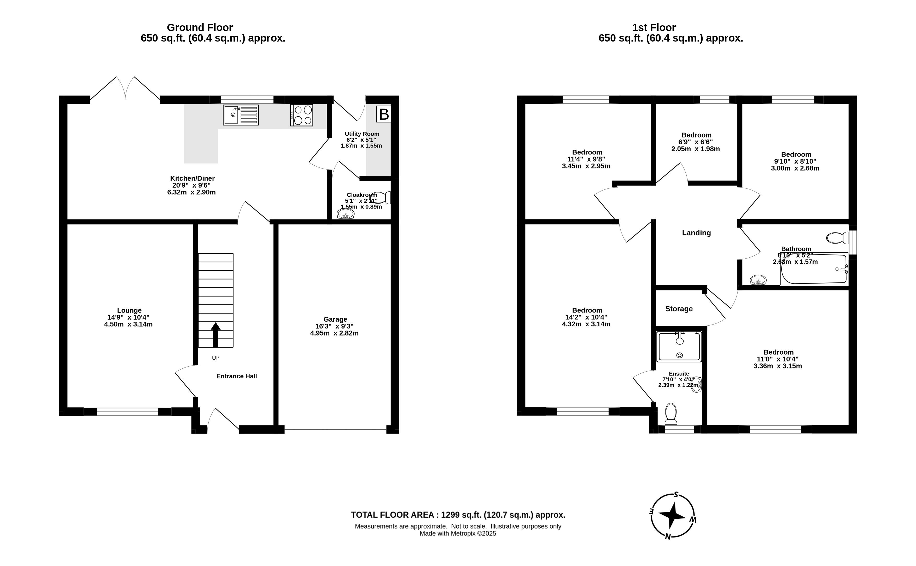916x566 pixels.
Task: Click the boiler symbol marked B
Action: (383, 114)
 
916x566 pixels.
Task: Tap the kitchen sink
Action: (241, 115)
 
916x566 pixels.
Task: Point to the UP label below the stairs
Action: (215, 358)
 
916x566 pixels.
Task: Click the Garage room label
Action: (335, 319)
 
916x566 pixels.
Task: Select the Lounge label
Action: (129, 310)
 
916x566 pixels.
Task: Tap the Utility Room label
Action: (362, 134)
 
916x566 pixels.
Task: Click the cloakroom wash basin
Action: (345, 214)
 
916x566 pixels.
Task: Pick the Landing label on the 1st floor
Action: (696, 233)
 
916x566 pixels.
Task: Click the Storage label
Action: (679, 309)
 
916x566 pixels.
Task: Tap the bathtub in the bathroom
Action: (814, 269)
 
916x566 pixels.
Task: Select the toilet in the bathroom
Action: (837, 238)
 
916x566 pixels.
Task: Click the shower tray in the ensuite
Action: (679, 347)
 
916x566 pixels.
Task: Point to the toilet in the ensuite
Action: (671, 414)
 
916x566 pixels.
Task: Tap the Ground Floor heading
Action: (200, 27)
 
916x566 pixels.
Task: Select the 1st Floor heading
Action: (654, 27)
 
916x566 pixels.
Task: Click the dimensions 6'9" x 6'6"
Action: (696, 142)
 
